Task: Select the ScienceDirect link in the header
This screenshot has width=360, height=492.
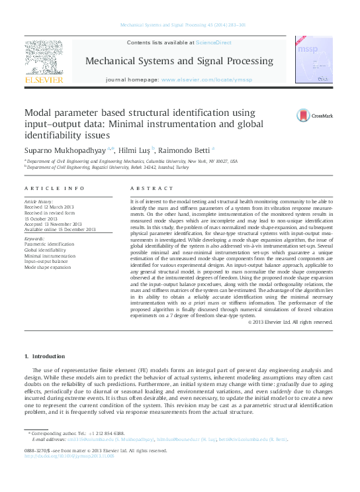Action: pyautogui.click(x=214, y=42)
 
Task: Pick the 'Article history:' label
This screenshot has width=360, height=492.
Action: pyautogui.click(x=38, y=200)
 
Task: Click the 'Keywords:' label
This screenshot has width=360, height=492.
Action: pyautogui.click(x=34, y=238)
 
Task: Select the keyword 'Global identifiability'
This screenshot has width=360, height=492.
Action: pyautogui.click(x=45, y=251)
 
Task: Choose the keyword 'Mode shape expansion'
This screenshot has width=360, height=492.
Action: pyautogui.click(x=47, y=267)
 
